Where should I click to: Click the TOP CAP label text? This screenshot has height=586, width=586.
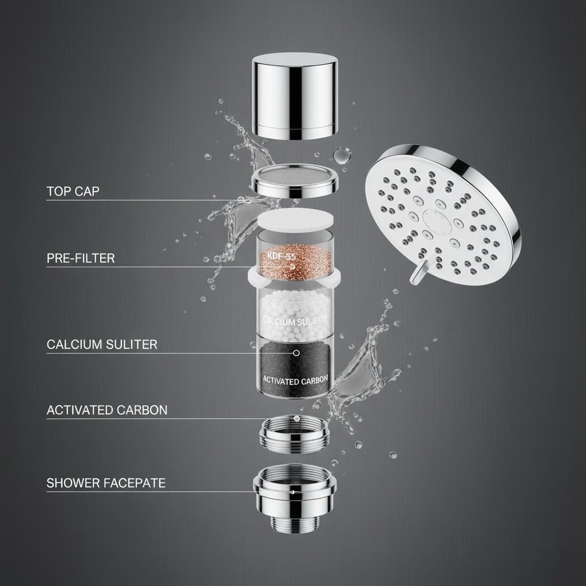[73, 191]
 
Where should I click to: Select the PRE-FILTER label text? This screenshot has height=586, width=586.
[80, 258]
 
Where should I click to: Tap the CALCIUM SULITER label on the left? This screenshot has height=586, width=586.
[102, 345]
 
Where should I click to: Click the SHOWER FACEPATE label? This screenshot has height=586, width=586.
[106, 483]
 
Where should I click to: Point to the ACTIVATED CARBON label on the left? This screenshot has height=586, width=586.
[107, 410]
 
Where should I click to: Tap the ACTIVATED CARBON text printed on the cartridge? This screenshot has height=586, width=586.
[295, 379]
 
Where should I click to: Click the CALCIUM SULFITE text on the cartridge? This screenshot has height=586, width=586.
[295, 322]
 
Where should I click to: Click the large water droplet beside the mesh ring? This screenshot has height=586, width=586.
[341, 155]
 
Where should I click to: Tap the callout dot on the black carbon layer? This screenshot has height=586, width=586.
[296, 353]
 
